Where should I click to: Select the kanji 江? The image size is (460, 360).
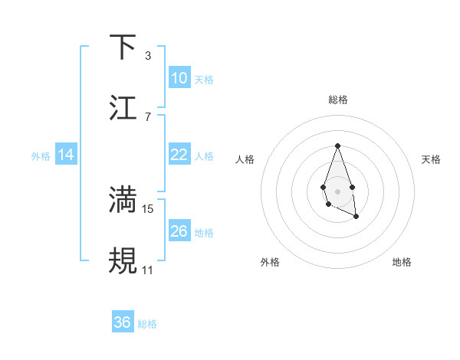[123, 108]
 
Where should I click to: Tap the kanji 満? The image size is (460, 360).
[123, 200]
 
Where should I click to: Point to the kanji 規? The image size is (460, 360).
[123, 261]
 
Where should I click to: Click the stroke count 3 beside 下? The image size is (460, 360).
[147, 56]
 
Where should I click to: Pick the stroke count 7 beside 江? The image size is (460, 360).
[147, 117]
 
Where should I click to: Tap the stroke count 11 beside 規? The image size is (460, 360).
[148, 270]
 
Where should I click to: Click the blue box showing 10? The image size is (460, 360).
[179, 78]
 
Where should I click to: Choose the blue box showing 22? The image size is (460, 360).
[179, 155]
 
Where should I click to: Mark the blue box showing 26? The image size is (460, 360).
[179, 231]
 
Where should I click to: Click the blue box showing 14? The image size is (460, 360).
[66, 155]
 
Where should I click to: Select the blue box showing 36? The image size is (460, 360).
[123, 322]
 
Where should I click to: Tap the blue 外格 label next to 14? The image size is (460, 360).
[41, 156]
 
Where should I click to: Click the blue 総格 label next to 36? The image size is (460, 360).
[147, 324]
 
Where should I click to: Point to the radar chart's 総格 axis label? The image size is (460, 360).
[337, 100]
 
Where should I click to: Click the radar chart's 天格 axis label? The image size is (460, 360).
[431, 159]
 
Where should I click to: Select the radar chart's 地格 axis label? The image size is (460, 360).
[402, 262]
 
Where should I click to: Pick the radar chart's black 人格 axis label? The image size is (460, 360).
[245, 159]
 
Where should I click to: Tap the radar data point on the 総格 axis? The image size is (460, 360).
[337, 146]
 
